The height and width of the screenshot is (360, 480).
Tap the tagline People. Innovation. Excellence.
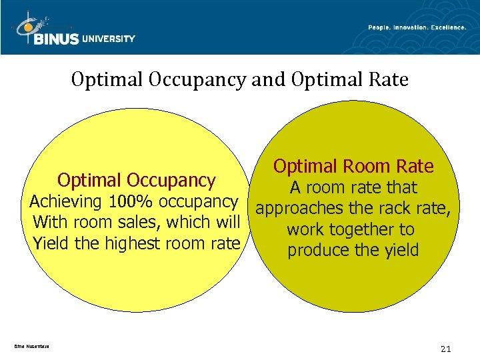[x=417, y=27]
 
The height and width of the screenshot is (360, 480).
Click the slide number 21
[x=446, y=349]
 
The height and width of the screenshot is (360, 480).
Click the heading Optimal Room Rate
[x=353, y=166]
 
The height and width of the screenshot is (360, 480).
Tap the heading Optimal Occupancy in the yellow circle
[x=137, y=180]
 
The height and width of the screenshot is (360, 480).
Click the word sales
[x=146, y=222]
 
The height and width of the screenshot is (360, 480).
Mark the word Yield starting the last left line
[x=51, y=243]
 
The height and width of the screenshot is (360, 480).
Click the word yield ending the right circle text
[x=400, y=251]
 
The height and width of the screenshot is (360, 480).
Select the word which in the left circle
[x=193, y=222]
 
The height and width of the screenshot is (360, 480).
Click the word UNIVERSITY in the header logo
[x=109, y=39]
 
